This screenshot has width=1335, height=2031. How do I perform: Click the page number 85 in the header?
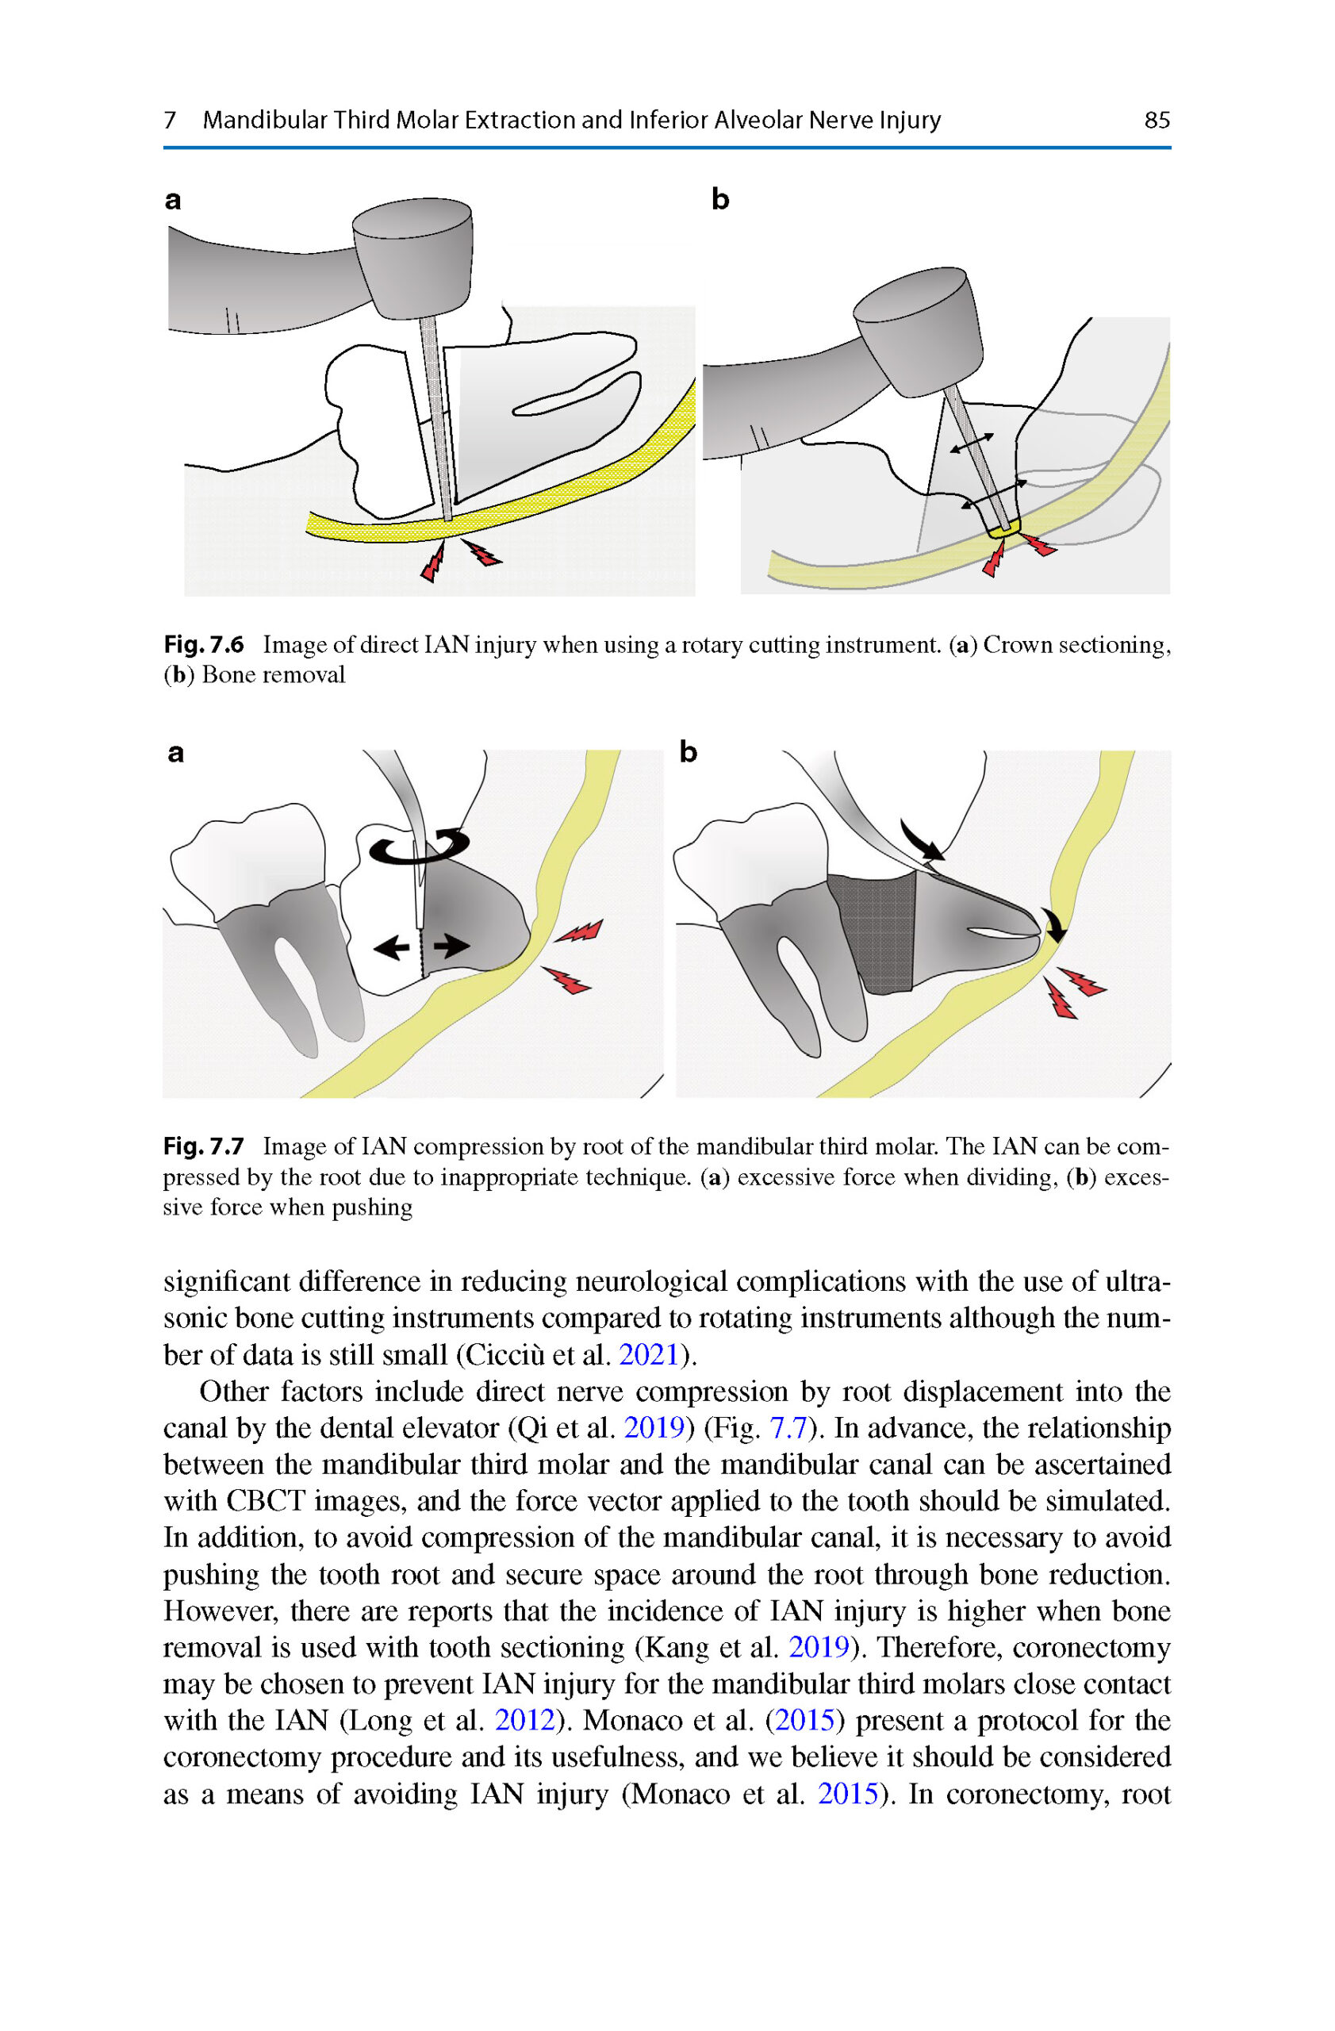pyautogui.click(x=1156, y=120)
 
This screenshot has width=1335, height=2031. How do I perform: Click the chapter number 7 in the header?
pyautogui.click(x=170, y=120)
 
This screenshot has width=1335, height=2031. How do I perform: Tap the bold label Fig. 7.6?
pyautogui.click(x=203, y=644)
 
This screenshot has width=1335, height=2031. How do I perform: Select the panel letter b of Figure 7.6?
pyautogui.click(x=720, y=200)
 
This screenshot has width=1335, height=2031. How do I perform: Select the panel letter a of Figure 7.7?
pyautogui.click(x=176, y=753)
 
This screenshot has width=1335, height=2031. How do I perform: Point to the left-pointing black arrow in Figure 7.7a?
pyautogui.click(x=393, y=946)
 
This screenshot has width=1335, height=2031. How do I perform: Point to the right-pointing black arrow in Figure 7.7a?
pyautogui.click(x=451, y=946)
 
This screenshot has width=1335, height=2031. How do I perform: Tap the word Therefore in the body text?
pyautogui.click(x=938, y=1647)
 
